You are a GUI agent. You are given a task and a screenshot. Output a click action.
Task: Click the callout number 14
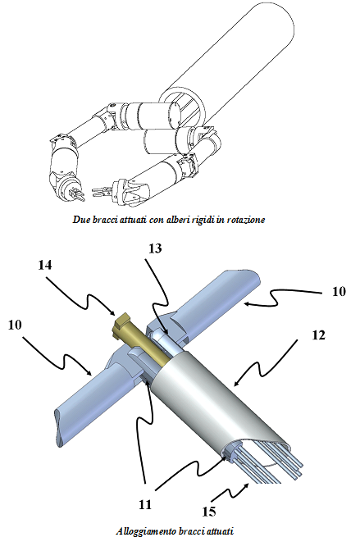pyautogui.click(x=45, y=266)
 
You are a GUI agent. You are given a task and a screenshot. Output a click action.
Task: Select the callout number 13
pyautogui.click(x=155, y=248)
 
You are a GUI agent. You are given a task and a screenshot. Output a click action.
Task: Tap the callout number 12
pyautogui.click(x=318, y=335)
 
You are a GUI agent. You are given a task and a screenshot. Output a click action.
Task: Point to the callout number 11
pyautogui.click(x=145, y=504)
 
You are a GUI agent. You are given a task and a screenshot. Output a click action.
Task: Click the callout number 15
pyautogui.click(x=209, y=512)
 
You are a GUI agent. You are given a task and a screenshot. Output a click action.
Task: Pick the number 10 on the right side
pyautogui.click(x=339, y=291)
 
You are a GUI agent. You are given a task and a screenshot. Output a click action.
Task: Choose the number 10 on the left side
pyautogui.click(x=15, y=325)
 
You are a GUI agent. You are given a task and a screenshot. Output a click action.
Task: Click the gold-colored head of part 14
pyautogui.click(x=120, y=321)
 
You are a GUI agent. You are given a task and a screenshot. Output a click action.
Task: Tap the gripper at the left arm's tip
pyautogui.click(x=75, y=193)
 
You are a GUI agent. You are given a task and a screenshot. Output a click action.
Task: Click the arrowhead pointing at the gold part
pyautogui.click(x=112, y=312)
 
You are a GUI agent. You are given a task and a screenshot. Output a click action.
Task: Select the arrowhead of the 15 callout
pyautogui.click(x=247, y=485)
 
